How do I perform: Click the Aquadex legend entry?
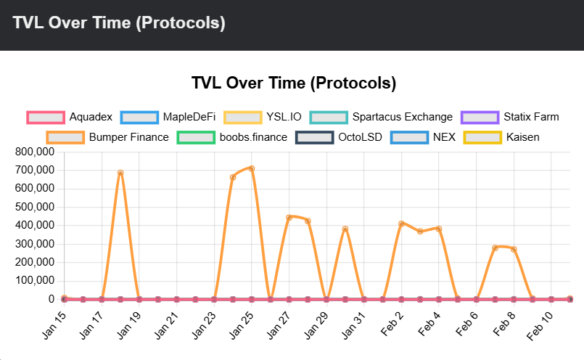(x=70, y=117)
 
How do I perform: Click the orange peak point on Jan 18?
(x=120, y=173)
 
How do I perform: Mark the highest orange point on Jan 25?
(x=252, y=168)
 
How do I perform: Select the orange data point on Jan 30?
(x=345, y=229)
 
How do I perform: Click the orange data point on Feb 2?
(x=401, y=224)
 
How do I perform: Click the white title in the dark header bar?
(x=119, y=23)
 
